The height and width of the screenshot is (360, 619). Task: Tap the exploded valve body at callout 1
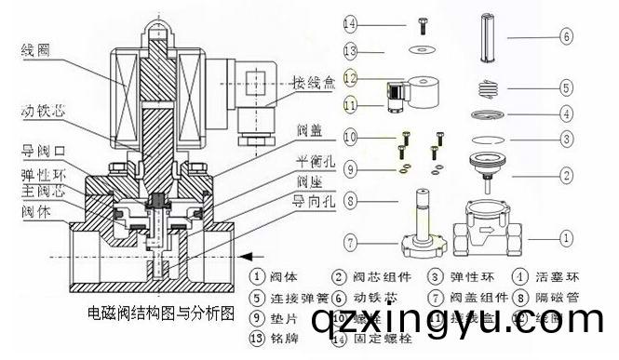[486, 234]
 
